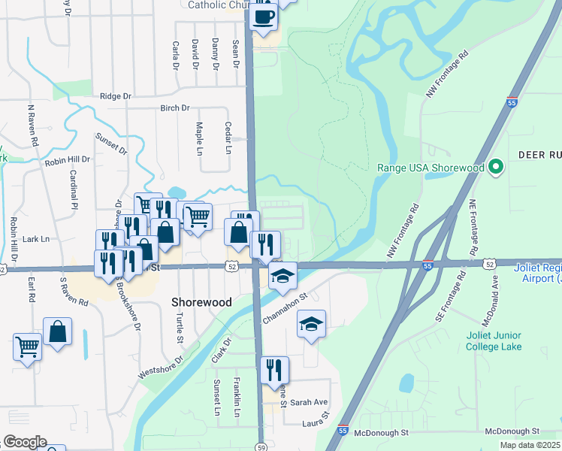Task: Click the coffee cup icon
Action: (x=263, y=17)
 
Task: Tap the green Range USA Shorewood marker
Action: (x=496, y=167)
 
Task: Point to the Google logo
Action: (x=25, y=442)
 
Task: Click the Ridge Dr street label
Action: (x=116, y=96)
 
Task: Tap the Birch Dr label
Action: (x=175, y=108)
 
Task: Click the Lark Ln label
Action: (x=35, y=239)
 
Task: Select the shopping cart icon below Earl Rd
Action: (x=27, y=347)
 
